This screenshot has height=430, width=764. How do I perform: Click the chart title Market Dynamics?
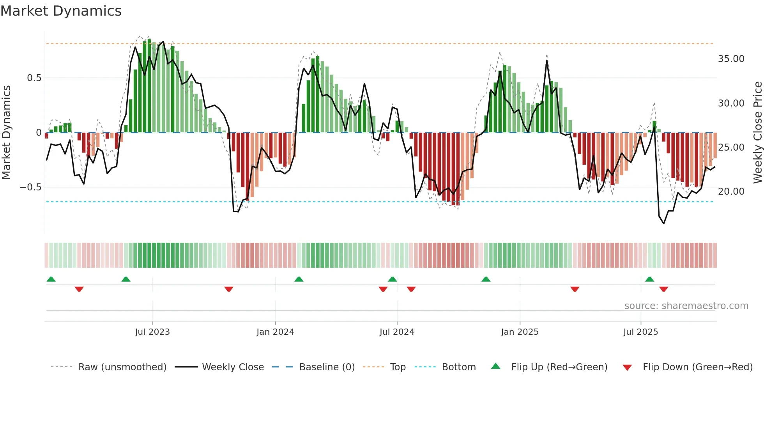pyautogui.click(x=61, y=11)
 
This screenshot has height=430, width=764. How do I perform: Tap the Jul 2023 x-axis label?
pyautogui.click(x=152, y=332)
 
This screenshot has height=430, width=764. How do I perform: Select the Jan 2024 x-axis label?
pyautogui.click(x=275, y=332)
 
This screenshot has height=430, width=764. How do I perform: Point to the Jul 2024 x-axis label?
pyautogui.click(x=397, y=332)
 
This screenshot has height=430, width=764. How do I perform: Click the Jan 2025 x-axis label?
pyautogui.click(x=520, y=332)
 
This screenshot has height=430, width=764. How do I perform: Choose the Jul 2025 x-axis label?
pyautogui.click(x=640, y=332)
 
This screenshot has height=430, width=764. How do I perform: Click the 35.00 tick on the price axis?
pyautogui.click(x=731, y=59)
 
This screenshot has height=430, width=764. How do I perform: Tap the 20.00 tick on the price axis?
pyautogui.click(x=731, y=192)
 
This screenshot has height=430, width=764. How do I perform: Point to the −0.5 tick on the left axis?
pyautogui.click(x=31, y=187)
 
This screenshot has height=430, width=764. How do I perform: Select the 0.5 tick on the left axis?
pyautogui.click(x=34, y=78)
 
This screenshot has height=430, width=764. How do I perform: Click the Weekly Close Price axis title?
pyautogui.click(x=757, y=133)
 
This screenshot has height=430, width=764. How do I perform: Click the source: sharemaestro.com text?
pyautogui.click(x=686, y=306)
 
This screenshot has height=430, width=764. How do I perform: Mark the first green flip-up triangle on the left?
pyautogui.click(x=51, y=279)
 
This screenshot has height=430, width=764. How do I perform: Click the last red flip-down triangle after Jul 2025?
pyautogui.click(x=664, y=289)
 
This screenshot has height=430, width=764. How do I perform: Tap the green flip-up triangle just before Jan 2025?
pyautogui.click(x=486, y=279)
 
